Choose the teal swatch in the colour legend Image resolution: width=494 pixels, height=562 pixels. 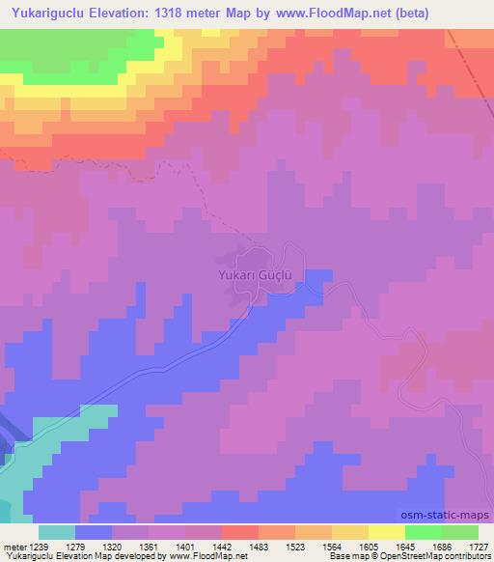[x=57, y=532]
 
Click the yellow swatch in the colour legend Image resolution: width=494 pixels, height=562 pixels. [x=387, y=532]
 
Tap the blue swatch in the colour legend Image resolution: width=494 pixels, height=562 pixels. [x=94, y=532]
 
